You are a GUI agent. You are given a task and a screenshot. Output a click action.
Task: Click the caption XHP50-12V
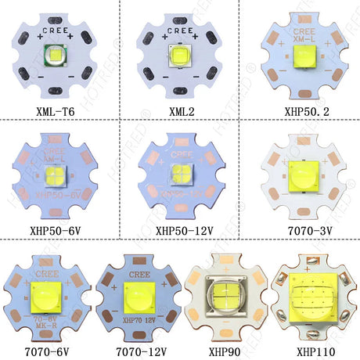181,232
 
